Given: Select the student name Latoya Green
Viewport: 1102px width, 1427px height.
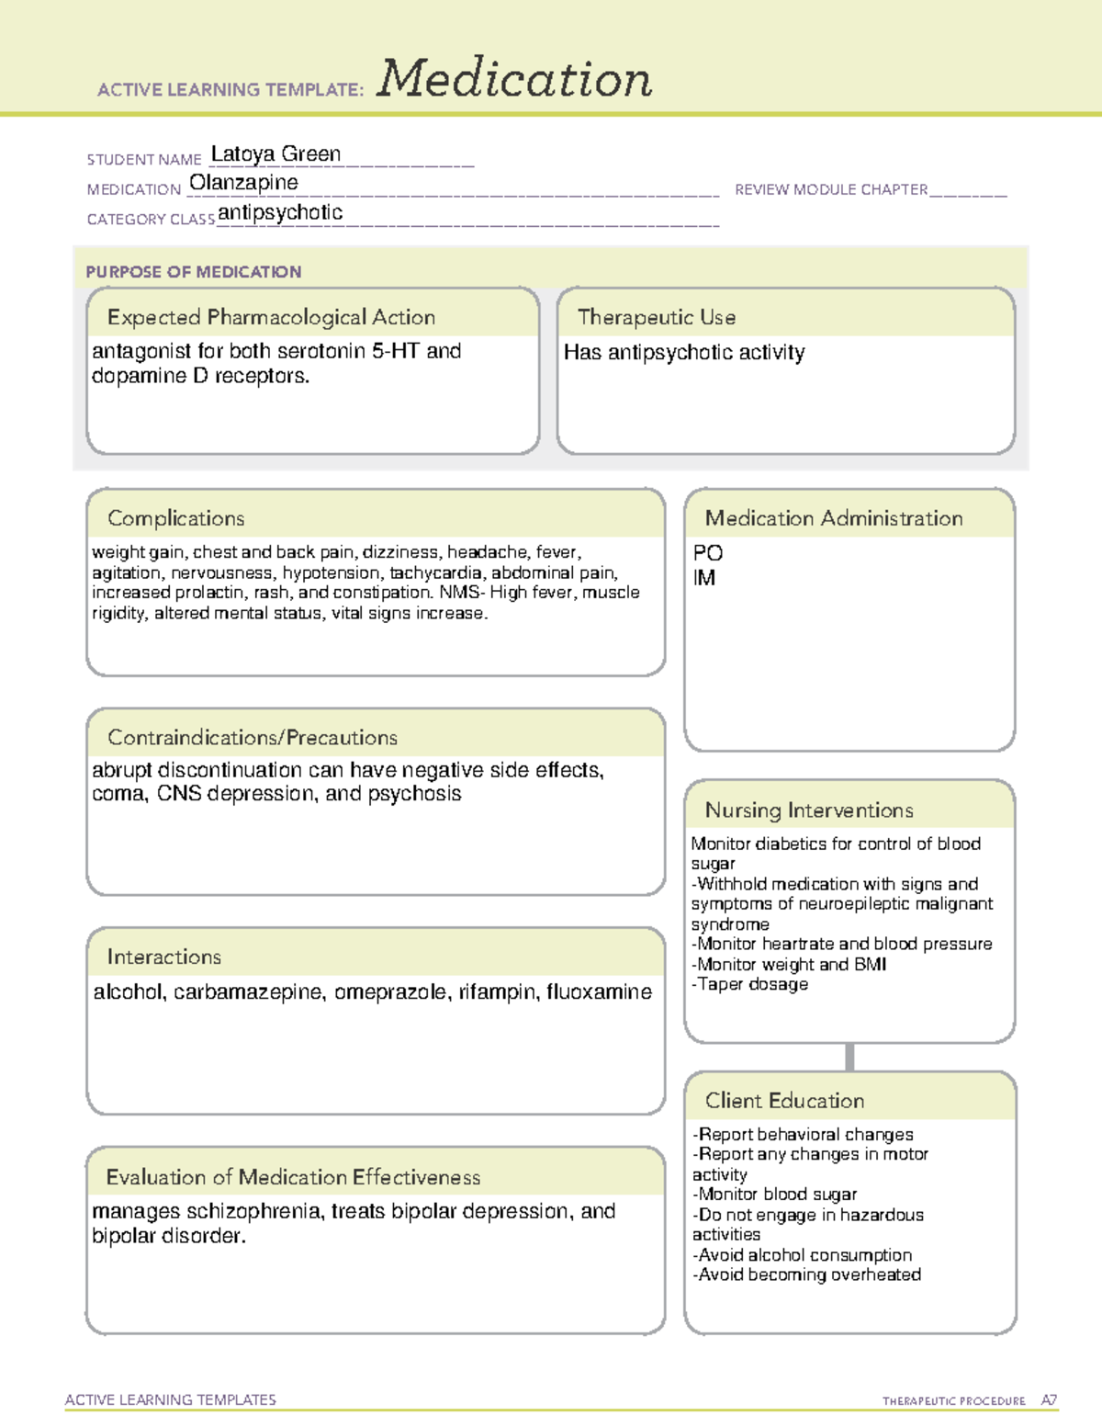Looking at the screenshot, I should click(275, 154).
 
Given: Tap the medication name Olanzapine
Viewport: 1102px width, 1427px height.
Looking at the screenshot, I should click(243, 183).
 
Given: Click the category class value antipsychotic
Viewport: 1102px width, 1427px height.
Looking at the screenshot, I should click(280, 212).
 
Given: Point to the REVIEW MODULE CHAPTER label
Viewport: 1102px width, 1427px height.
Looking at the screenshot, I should click(831, 189).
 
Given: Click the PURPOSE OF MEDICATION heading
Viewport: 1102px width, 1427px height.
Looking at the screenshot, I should click(193, 272).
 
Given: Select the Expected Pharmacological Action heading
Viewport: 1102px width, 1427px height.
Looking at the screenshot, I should click(271, 317).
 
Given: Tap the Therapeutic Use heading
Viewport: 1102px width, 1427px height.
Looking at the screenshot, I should click(656, 317).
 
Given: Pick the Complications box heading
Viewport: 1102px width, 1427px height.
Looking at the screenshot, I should click(175, 518).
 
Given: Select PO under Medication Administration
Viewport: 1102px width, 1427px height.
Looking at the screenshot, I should click(708, 553).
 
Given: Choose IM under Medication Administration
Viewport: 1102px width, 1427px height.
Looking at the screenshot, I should click(704, 578).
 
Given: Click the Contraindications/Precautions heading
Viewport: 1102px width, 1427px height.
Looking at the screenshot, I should click(252, 737).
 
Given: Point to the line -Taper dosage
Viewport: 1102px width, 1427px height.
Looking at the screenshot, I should click(749, 984).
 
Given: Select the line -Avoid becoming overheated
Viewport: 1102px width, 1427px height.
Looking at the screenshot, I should click(806, 1274).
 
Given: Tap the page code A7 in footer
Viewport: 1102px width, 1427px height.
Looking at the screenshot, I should click(1048, 1400).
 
